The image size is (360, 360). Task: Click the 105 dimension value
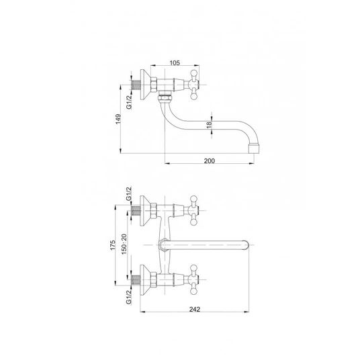coord(175,62)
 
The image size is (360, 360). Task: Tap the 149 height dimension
coord(118,119)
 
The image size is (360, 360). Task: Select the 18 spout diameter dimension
coord(209,125)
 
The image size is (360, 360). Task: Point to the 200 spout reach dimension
coord(210,161)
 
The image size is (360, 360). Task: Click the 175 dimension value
coord(113,245)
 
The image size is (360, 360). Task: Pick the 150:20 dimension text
coord(124,244)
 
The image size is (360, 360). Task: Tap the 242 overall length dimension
coord(195,309)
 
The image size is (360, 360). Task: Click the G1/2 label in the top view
coord(129,102)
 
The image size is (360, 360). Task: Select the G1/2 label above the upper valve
coord(129,193)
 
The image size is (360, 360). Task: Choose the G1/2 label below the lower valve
coord(129,297)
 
